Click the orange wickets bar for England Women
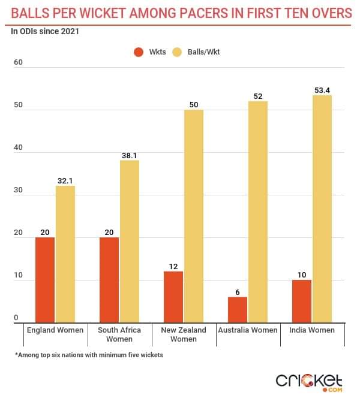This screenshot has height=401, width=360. click(x=45, y=280)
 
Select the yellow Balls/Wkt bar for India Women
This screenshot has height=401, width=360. click(x=322, y=209)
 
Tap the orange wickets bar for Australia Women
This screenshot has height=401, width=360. click(x=238, y=310)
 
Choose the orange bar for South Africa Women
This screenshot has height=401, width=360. click(x=109, y=280)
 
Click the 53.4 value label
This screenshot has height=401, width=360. click(x=322, y=90)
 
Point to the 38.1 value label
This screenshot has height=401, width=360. click(x=130, y=155)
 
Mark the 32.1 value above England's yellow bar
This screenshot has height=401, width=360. click(x=65, y=180)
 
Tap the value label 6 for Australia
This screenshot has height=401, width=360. click(x=238, y=292)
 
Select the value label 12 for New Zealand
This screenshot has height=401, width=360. click(x=173, y=266)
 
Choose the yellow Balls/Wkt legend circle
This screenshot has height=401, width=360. click(x=178, y=52)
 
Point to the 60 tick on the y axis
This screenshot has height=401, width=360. click(x=18, y=62)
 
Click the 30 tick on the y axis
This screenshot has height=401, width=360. click(x=18, y=190)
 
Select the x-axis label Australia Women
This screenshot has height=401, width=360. click(x=248, y=330)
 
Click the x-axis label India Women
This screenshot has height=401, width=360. click(x=313, y=330)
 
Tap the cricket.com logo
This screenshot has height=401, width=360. click(x=309, y=381)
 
